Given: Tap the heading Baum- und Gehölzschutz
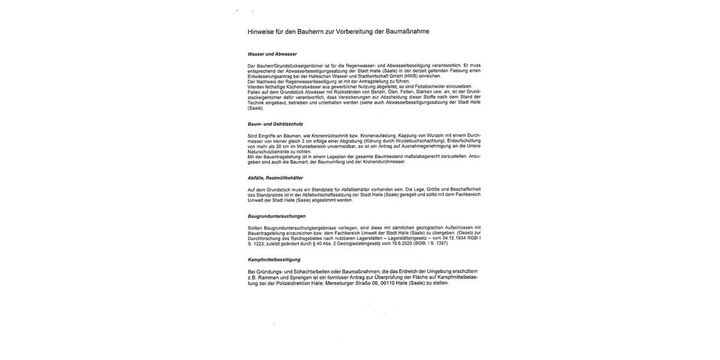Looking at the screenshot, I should tap(275, 124).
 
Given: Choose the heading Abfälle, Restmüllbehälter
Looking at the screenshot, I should tap(275, 178).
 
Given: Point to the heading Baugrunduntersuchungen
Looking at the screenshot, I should tap(277, 216).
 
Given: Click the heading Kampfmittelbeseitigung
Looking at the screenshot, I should tap(274, 260).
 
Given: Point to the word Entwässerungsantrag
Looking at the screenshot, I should tap(266, 76).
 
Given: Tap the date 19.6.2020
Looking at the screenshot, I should tap(390, 244).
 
